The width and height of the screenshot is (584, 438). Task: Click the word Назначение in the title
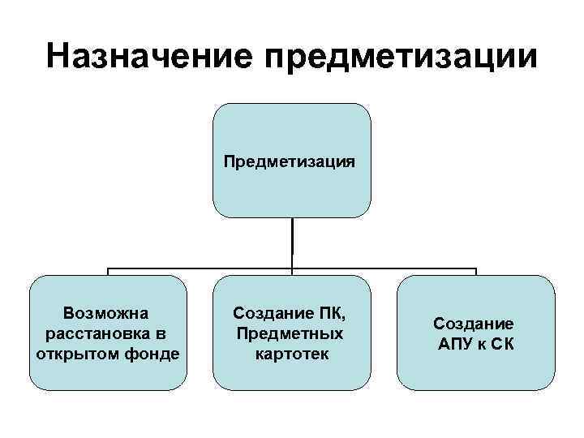click(x=150, y=56)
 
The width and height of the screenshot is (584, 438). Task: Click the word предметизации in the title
click(x=401, y=56)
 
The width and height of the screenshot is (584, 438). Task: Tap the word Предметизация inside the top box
click(x=291, y=161)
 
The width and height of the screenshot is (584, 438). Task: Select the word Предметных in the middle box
click(x=290, y=333)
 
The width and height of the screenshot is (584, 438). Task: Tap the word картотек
click(x=291, y=354)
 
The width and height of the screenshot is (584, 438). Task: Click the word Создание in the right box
click(x=473, y=324)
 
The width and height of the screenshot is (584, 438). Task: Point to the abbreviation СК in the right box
click(x=502, y=344)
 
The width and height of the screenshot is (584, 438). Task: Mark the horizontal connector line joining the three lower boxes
click(x=203, y=268)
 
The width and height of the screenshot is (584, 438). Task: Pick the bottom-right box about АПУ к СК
click(x=475, y=373)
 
